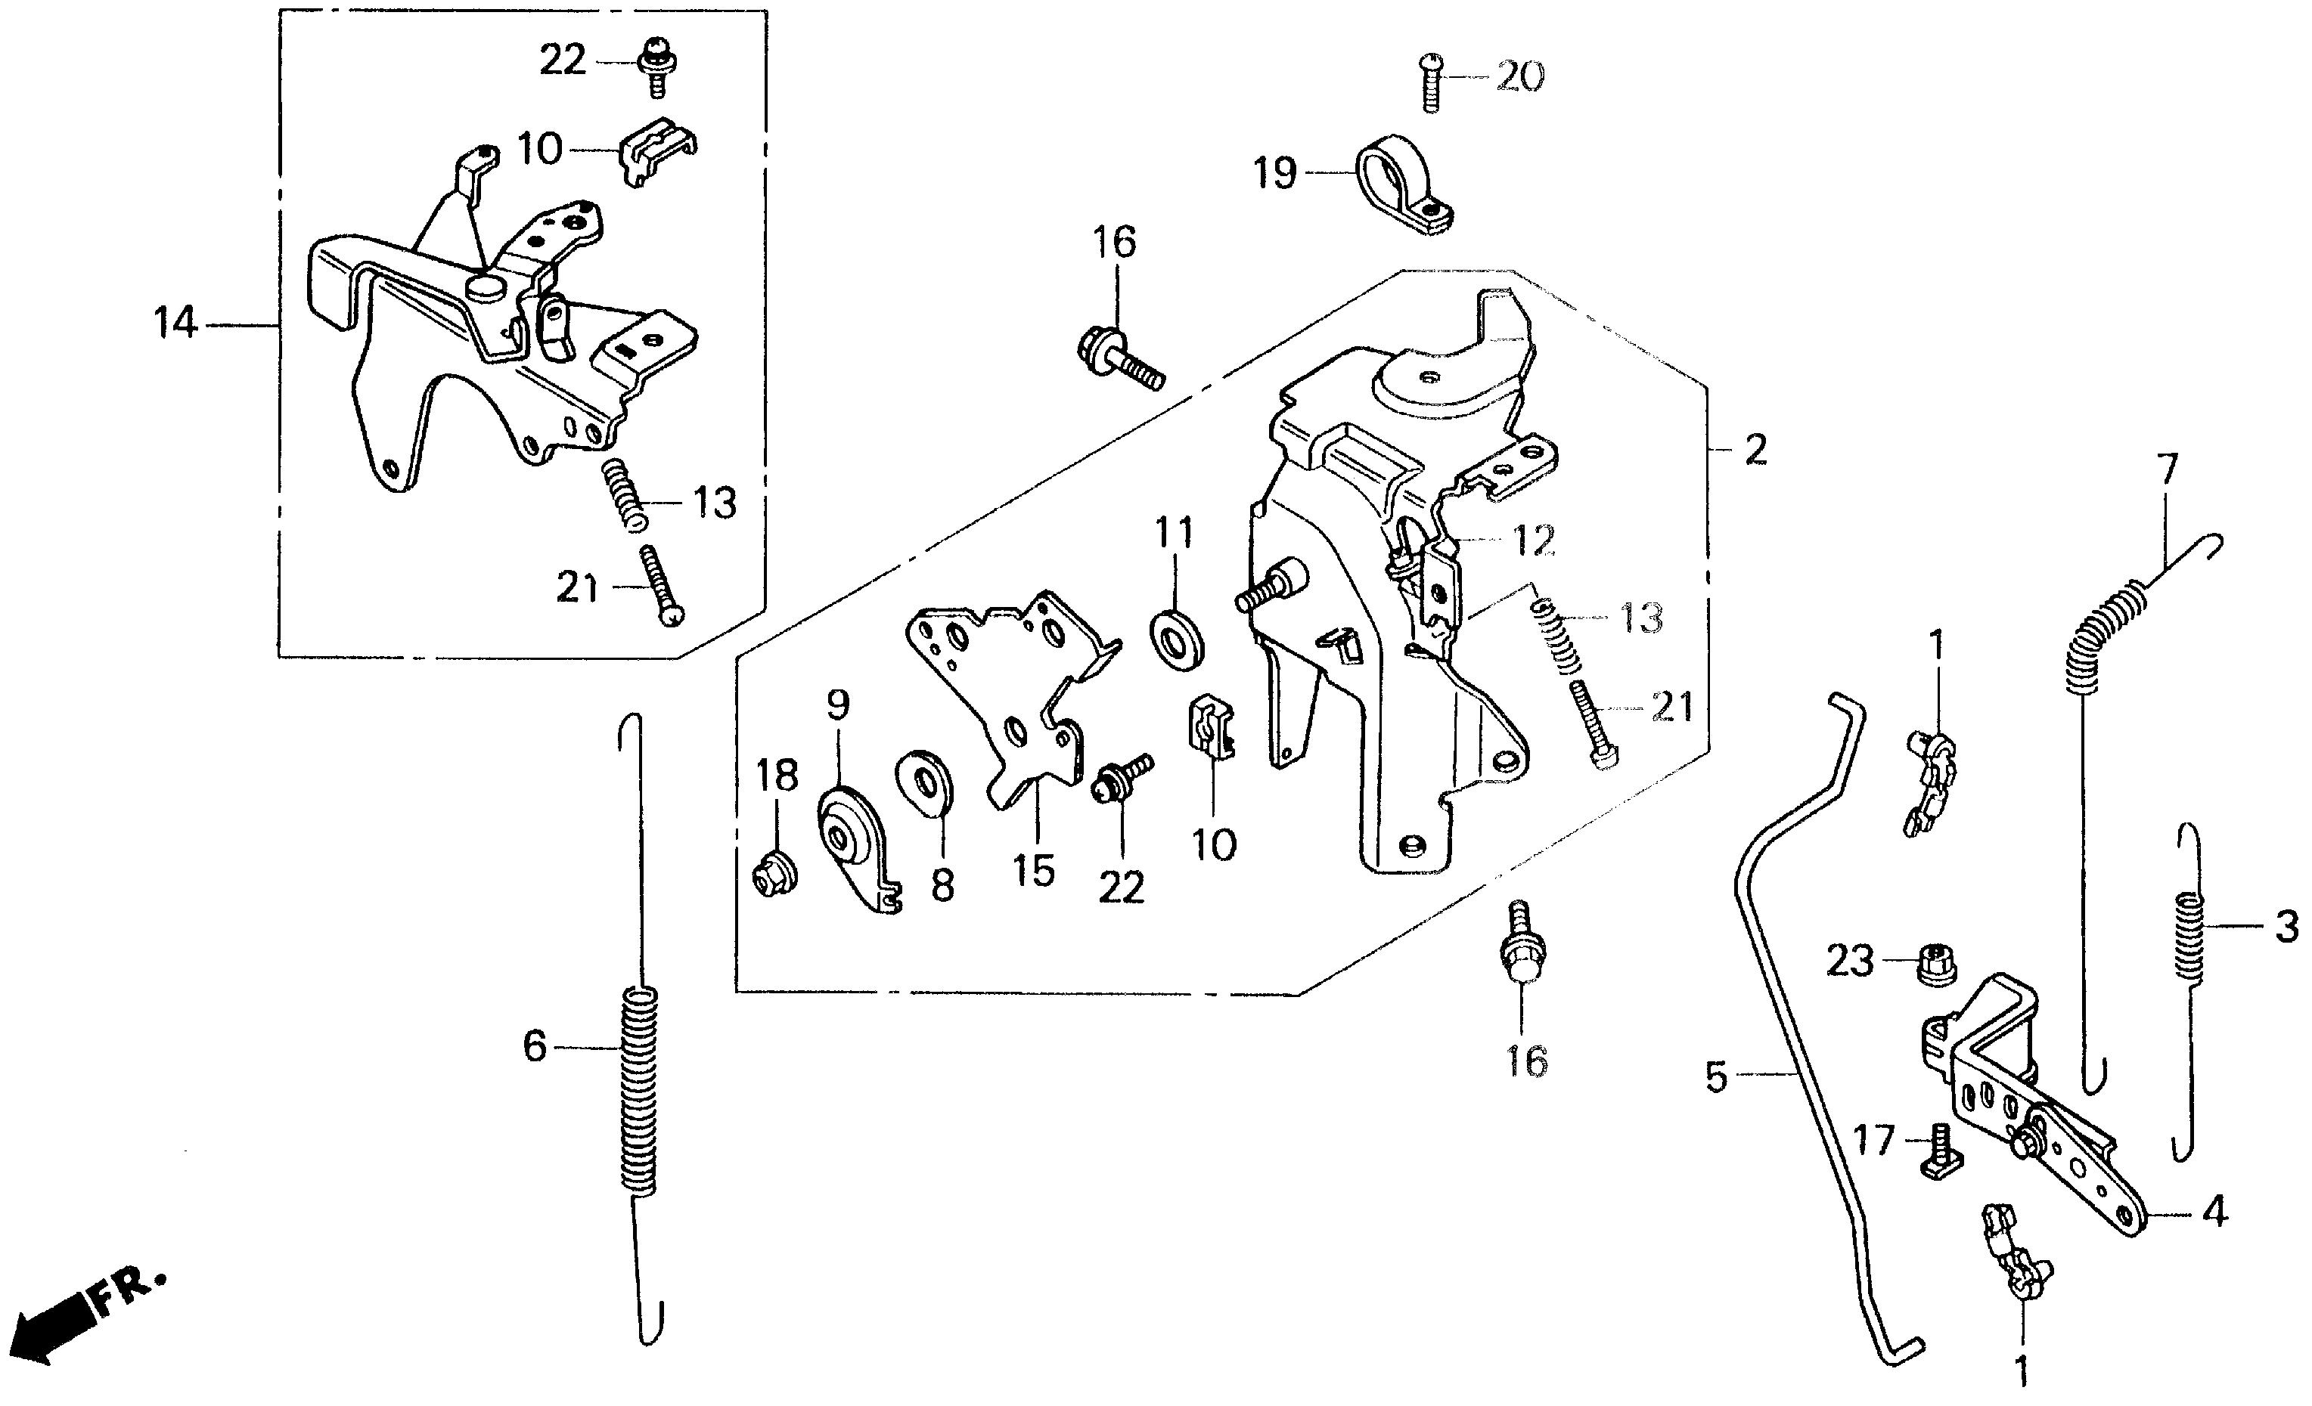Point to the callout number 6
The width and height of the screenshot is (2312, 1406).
(534, 1046)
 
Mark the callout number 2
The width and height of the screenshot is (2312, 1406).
(1755, 451)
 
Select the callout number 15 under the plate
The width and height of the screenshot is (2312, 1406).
(1033, 870)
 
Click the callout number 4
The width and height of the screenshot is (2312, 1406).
(2214, 1214)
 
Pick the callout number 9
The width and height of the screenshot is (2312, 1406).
(838, 702)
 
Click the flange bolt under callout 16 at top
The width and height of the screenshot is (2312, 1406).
(1116, 366)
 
